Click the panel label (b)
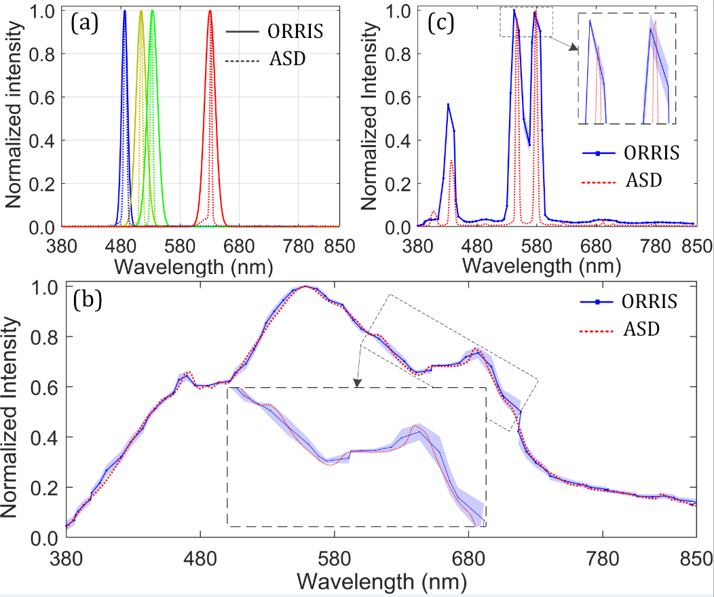[x=88, y=298]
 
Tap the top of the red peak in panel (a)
[x=210, y=11]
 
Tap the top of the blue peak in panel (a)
[x=125, y=11]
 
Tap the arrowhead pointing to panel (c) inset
[x=574, y=47]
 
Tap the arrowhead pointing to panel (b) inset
[x=358, y=385]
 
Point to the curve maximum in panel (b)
[x=307, y=286]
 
